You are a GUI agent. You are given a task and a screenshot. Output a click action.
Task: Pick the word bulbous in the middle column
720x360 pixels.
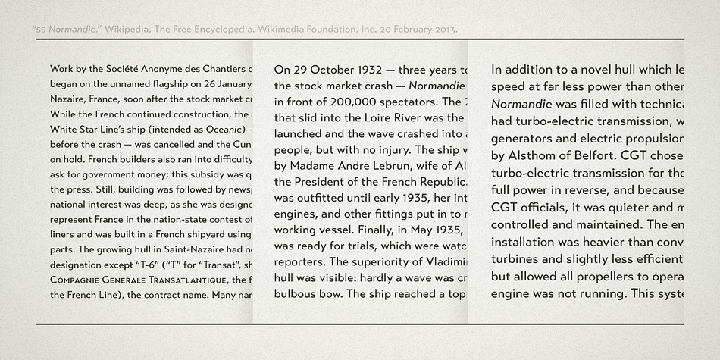coord(298,293)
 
